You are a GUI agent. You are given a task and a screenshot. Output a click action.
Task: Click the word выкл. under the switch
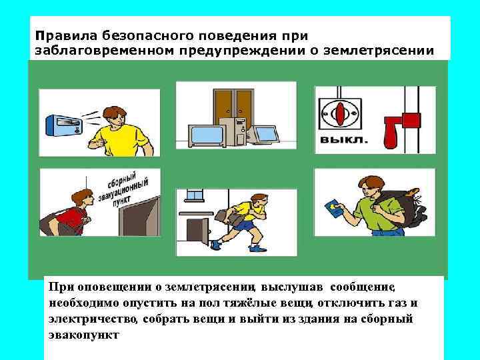(x=343, y=141)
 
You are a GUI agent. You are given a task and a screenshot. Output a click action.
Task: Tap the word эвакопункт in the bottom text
(x=84, y=334)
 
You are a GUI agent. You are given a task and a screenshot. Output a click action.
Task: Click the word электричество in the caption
(x=93, y=319)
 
